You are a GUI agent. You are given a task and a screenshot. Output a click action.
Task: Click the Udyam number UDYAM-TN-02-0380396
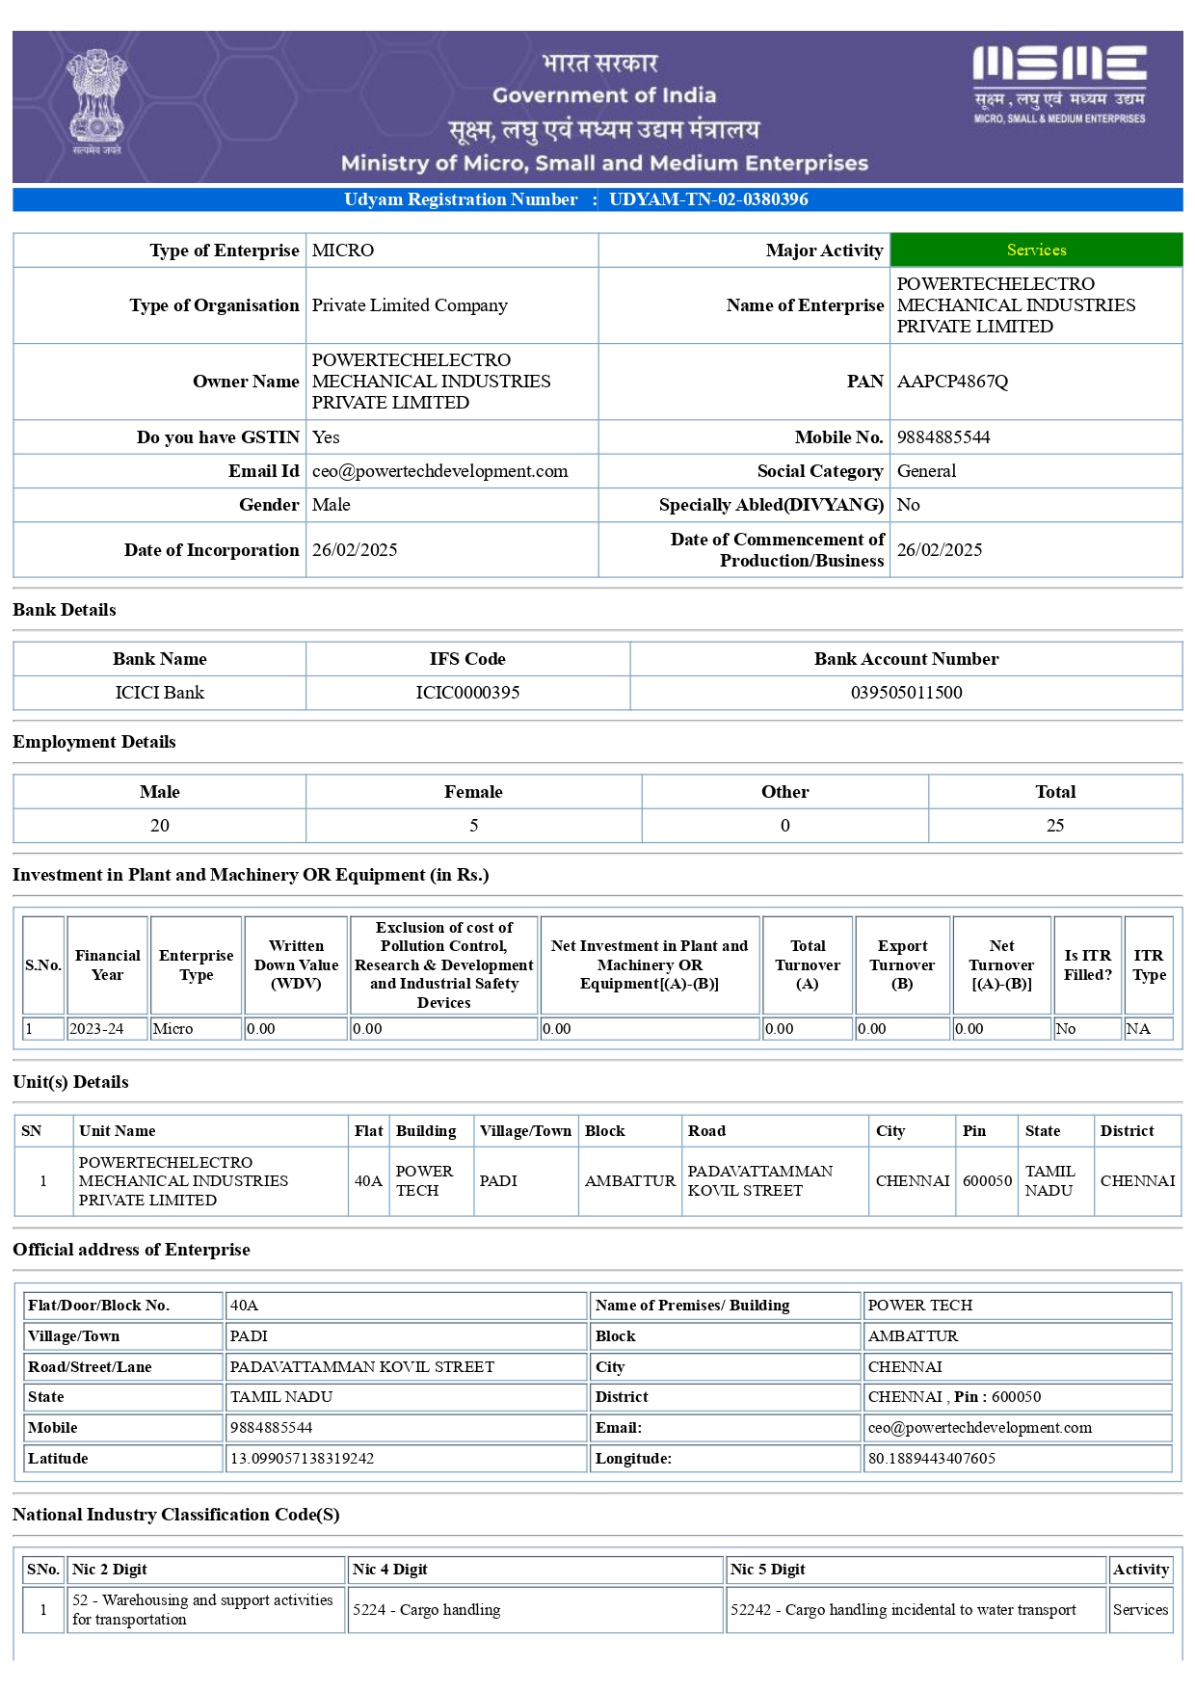(x=708, y=199)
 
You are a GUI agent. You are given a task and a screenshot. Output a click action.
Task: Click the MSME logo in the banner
(x=1059, y=84)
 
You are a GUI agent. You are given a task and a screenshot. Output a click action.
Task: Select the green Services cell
(x=1036, y=250)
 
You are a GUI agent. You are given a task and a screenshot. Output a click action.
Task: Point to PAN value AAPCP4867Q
(x=952, y=382)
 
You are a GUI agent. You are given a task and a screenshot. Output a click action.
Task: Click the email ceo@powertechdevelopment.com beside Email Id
(x=439, y=471)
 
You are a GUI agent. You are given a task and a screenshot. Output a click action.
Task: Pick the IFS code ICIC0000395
(x=467, y=693)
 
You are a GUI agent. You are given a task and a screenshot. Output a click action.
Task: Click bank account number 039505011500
(x=906, y=693)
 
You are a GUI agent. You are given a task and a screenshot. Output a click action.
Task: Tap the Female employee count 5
(x=473, y=826)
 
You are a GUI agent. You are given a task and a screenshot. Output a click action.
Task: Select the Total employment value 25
(x=1055, y=826)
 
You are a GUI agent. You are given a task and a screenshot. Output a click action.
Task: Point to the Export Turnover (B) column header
(x=902, y=964)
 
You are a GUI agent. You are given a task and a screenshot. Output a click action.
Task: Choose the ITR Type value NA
(x=1138, y=1029)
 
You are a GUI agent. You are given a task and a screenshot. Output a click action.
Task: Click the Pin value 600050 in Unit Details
(x=987, y=1181)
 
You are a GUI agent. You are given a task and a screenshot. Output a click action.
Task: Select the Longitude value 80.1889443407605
(x=932, y=1459)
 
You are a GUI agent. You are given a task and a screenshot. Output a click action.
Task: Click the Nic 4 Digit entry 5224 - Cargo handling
(x=427, y=1610)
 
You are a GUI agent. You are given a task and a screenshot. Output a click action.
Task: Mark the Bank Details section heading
(x=65, y=610)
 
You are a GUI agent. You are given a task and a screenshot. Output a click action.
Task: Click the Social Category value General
(x=926, y=471)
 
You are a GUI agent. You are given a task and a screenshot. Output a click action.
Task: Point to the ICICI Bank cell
(x=160, y=693)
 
